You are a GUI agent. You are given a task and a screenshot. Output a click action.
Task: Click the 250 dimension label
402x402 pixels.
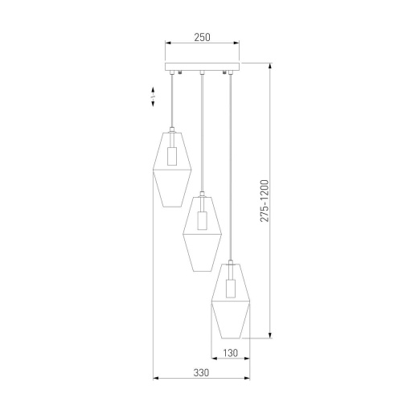(202, 37)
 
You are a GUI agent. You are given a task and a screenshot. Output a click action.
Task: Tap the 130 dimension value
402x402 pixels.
(231, 353)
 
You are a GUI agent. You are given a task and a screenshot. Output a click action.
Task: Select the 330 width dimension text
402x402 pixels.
(201, 373)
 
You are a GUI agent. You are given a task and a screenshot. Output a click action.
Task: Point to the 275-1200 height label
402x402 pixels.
(265, 201)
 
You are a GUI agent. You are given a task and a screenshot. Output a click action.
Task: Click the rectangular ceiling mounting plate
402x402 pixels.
(202, 67)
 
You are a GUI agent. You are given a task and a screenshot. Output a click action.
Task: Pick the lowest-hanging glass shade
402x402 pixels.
(231, 301)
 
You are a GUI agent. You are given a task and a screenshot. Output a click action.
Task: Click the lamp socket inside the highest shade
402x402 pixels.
(172, 156)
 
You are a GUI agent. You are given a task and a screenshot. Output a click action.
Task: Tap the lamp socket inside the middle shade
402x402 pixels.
(203, 220)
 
